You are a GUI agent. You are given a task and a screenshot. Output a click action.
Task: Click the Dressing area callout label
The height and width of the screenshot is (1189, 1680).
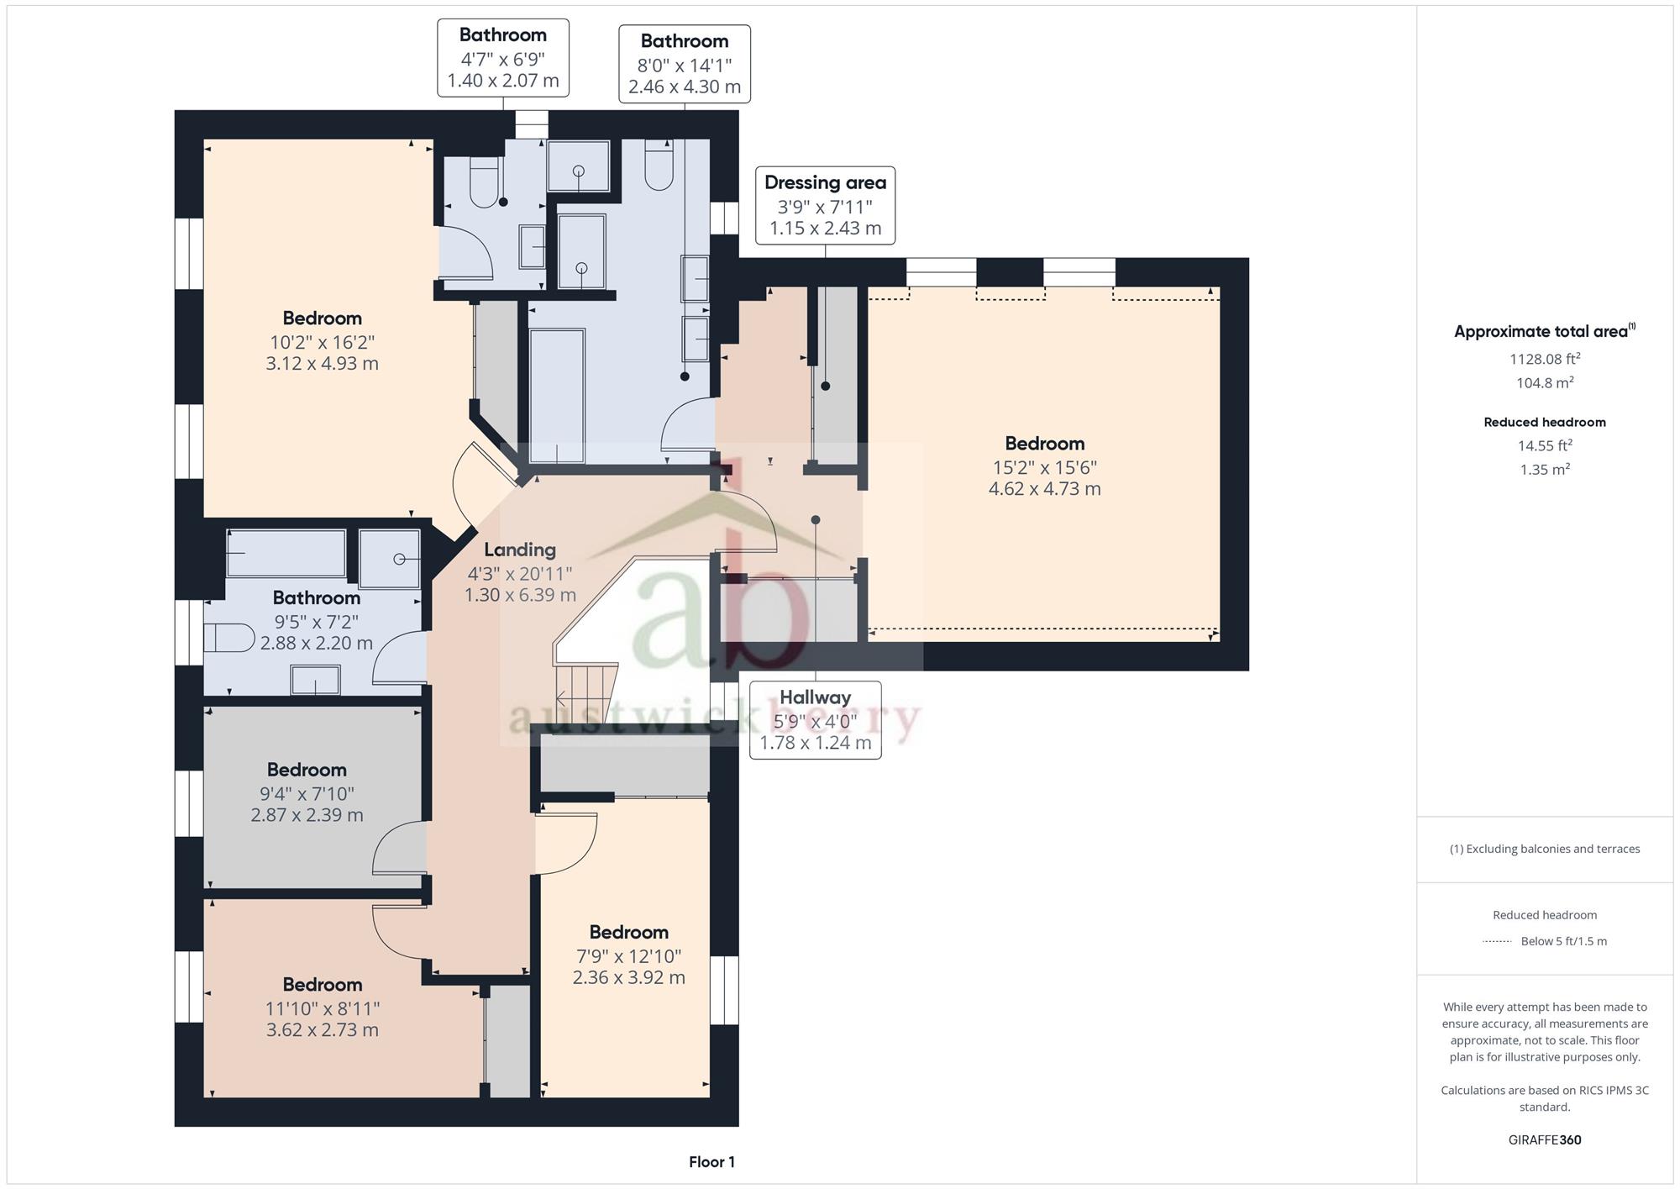825,206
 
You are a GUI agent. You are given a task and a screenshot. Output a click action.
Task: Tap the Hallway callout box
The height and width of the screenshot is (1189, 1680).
815,720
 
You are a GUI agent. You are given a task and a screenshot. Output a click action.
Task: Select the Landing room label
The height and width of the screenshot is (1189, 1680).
520,550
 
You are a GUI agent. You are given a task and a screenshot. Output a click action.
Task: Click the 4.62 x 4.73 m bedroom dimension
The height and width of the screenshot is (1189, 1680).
1044,489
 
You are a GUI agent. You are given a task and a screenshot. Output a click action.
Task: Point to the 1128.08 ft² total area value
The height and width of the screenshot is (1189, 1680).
1545,359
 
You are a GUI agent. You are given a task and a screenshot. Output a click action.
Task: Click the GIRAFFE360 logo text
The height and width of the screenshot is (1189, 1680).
1545,1140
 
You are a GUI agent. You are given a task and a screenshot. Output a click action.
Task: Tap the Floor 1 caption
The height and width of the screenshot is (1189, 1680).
711,1162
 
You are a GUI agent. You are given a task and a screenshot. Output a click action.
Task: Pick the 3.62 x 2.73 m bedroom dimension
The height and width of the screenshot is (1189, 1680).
323,1030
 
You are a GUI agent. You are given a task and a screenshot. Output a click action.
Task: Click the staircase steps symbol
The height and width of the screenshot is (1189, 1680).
586,687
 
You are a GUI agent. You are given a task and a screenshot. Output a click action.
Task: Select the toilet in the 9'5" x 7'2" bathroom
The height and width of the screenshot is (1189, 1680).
229,638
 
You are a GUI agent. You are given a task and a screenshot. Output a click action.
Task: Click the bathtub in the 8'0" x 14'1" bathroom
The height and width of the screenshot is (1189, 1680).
557,395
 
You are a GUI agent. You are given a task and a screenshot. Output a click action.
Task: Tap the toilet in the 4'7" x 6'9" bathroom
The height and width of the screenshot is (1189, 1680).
485,182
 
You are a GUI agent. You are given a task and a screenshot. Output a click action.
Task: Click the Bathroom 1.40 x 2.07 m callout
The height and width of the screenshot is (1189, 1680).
503,58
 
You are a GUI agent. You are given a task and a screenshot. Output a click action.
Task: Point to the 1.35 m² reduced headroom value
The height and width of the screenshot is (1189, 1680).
1545,470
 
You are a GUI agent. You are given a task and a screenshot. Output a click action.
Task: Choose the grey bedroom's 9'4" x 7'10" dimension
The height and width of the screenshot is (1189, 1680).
307,793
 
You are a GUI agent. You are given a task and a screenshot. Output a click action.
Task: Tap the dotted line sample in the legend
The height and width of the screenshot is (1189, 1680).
1497,942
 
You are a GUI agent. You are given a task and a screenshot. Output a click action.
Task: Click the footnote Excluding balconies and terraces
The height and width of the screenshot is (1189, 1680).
1545,849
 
